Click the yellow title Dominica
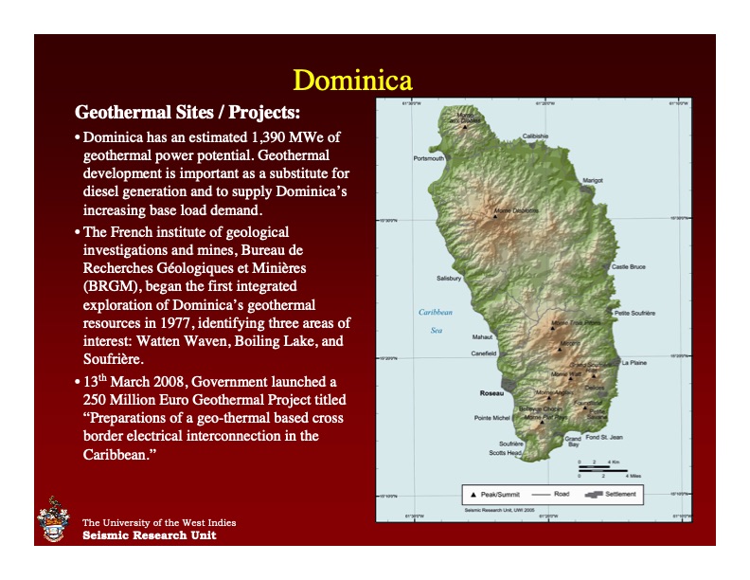[351, 77]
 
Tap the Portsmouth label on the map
[429, 158]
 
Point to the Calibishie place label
[535, 136]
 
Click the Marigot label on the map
[592, 179]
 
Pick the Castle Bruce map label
[628, 267]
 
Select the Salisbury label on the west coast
[449, 279]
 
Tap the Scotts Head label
[505, 453]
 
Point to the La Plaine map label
[634, 362]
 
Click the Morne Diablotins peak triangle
[494, 216]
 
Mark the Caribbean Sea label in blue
[436, 320]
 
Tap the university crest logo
[53, 522]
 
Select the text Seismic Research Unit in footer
[149, 535]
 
